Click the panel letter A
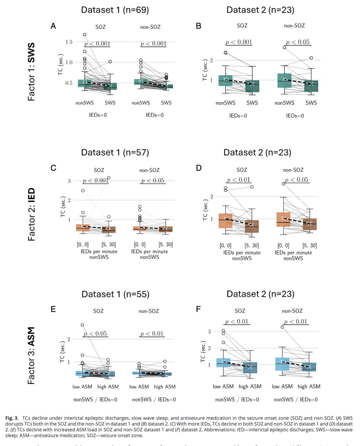pyautogui.click(x=53, y=26)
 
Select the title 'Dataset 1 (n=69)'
pyautogui.click(x=115, y=10)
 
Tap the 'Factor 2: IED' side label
pyautogui.click(x=31, y=214)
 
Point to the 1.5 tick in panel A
pyautogui.click(x=69, y=42)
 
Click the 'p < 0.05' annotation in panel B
pyautogui.click(x=298, y=42)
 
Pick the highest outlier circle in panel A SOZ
pyautogui.click(x=85, y=35)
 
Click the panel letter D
pyautogui.click(x=199, y=168)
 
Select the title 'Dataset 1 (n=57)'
pyautogui.click(x=115, y=152)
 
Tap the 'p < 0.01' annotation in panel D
pyautogui.click(x=238, y=180)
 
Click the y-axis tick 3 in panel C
pyautogui.click(x=69, y=181)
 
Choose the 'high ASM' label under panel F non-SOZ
pyautogui.click(x=309, y=386)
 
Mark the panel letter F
pyautogui.click(x=198, y=309)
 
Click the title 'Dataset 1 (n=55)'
pyautogui.click(x=115, y=294)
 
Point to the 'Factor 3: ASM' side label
pyautogui.click(x=31, y=355)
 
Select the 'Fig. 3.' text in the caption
pyautogui.click(x=12, y=418)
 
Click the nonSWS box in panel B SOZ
pyautogui.click(x=226, y=81)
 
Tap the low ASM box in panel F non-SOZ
pyautogui.click(x=282, y=364)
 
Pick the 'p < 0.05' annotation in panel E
pyautogui.click(x=95, y=334)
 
